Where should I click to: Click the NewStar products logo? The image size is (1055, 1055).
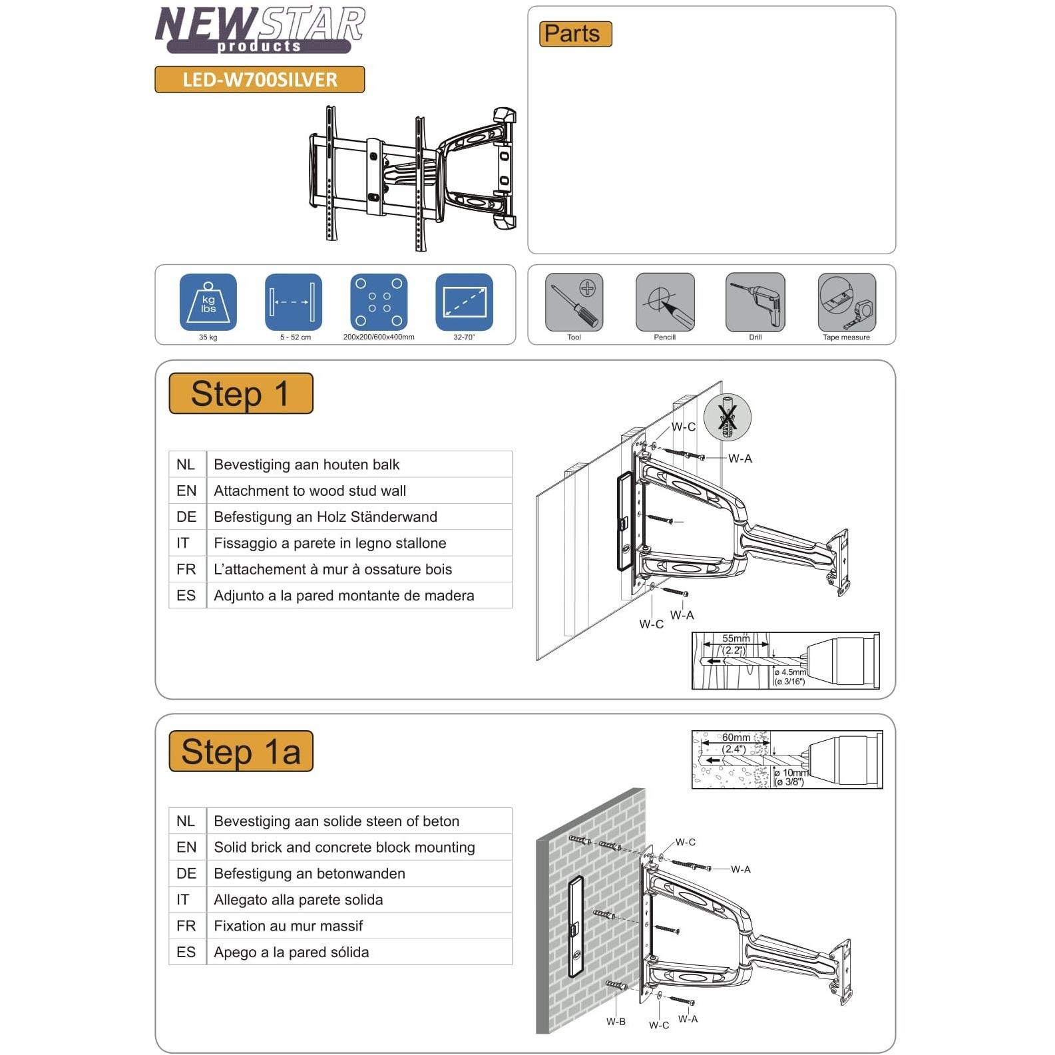click(260, 30)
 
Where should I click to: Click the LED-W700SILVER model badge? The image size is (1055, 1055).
click(260, 80)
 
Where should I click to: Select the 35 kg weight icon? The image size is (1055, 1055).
click(208, 302)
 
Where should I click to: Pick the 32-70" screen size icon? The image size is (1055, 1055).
click(464, 302)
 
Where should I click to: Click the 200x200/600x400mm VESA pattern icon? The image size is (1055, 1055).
click(379, 302)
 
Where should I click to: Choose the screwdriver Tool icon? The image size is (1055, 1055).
click(574, 302)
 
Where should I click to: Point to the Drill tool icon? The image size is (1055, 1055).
click(755, 302)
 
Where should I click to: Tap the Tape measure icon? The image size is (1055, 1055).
click(847, 302)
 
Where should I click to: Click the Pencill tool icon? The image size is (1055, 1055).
click(665, 302)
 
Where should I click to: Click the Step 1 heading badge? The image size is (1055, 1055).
click(241, 393)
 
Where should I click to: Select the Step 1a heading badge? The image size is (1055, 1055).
click(241, 751)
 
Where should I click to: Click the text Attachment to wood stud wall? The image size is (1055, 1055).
click(310, 491)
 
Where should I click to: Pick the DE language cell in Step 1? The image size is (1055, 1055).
click(186, 517)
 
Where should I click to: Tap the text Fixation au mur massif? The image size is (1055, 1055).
click(288, 926)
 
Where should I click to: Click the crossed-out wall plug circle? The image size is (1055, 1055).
click(728, 417)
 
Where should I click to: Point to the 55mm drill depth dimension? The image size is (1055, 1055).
click(736, 638)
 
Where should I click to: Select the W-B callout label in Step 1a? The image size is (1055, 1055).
click(616, 1022)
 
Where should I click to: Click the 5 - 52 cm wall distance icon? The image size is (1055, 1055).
click(294, 302)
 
